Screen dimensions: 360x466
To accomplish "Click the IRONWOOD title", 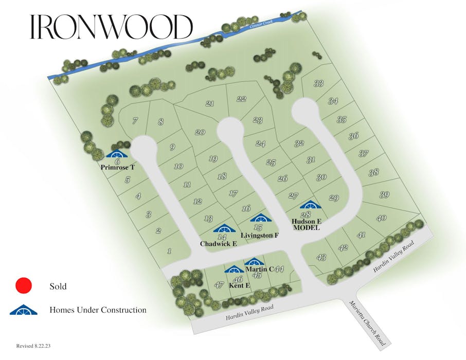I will (111, 27).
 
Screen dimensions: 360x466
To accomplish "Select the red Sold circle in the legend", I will (24, 286).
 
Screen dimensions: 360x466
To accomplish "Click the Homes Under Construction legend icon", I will (24, 310).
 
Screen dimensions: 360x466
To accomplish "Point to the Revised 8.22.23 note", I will (33, 347).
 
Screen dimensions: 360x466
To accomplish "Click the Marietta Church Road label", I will (367, 322).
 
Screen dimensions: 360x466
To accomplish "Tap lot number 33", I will (319, 83).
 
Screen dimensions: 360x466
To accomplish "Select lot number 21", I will (209, 103).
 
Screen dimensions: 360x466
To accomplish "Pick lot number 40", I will (381, 218).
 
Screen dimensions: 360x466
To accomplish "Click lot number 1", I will (169, 251).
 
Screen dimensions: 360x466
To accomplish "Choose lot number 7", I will (135, 121).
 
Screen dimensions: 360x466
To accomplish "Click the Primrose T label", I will (118, 167).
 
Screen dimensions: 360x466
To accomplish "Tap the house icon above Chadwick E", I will (223, 228).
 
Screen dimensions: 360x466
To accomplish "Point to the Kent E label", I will (239, 285).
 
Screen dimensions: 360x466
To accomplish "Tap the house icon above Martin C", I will (254, 262).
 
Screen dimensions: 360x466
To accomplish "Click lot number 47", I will (219, 285).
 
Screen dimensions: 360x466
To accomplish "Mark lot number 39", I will (384, 194).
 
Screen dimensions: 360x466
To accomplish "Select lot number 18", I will (222, 176).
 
